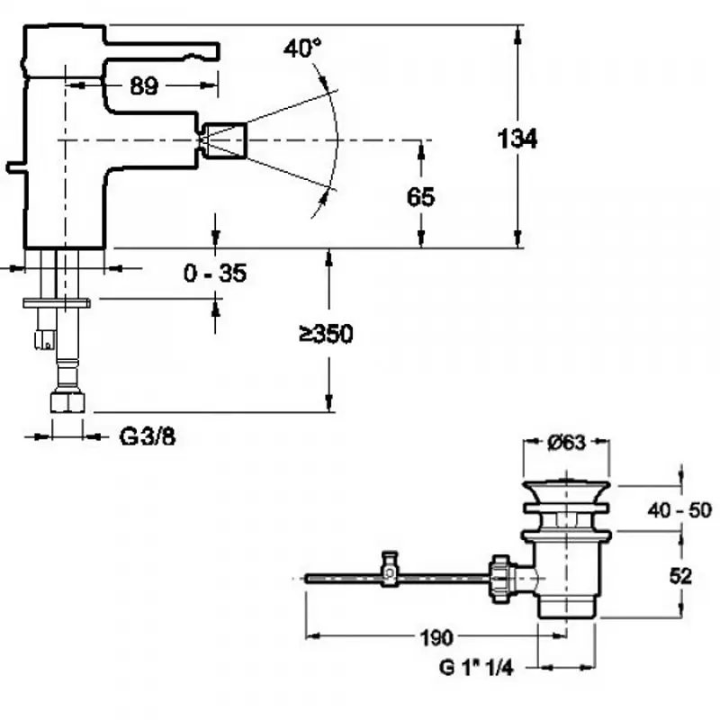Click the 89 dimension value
143,85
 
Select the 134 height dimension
517,139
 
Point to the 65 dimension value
420,196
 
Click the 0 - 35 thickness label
214,274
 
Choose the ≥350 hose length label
326,334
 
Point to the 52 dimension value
681,575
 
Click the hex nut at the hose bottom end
67,401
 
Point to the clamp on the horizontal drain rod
389,570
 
